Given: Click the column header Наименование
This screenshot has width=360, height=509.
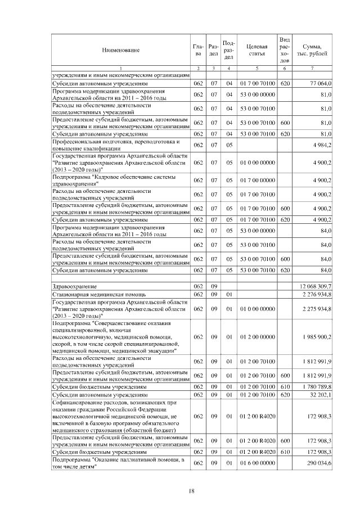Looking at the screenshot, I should pyautogui.click(x=120, y=51).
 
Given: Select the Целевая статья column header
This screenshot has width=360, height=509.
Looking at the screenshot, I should pyautogui.click(x=256, y=50).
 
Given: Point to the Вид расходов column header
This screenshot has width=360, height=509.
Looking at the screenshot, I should pyautogui.click(x=285, y=50).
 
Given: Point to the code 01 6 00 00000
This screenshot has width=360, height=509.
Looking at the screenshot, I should pyautogui.click(x=256, y=462).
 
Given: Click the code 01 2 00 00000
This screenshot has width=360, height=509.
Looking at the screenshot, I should pyautogui.click(x=256, y=336).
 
